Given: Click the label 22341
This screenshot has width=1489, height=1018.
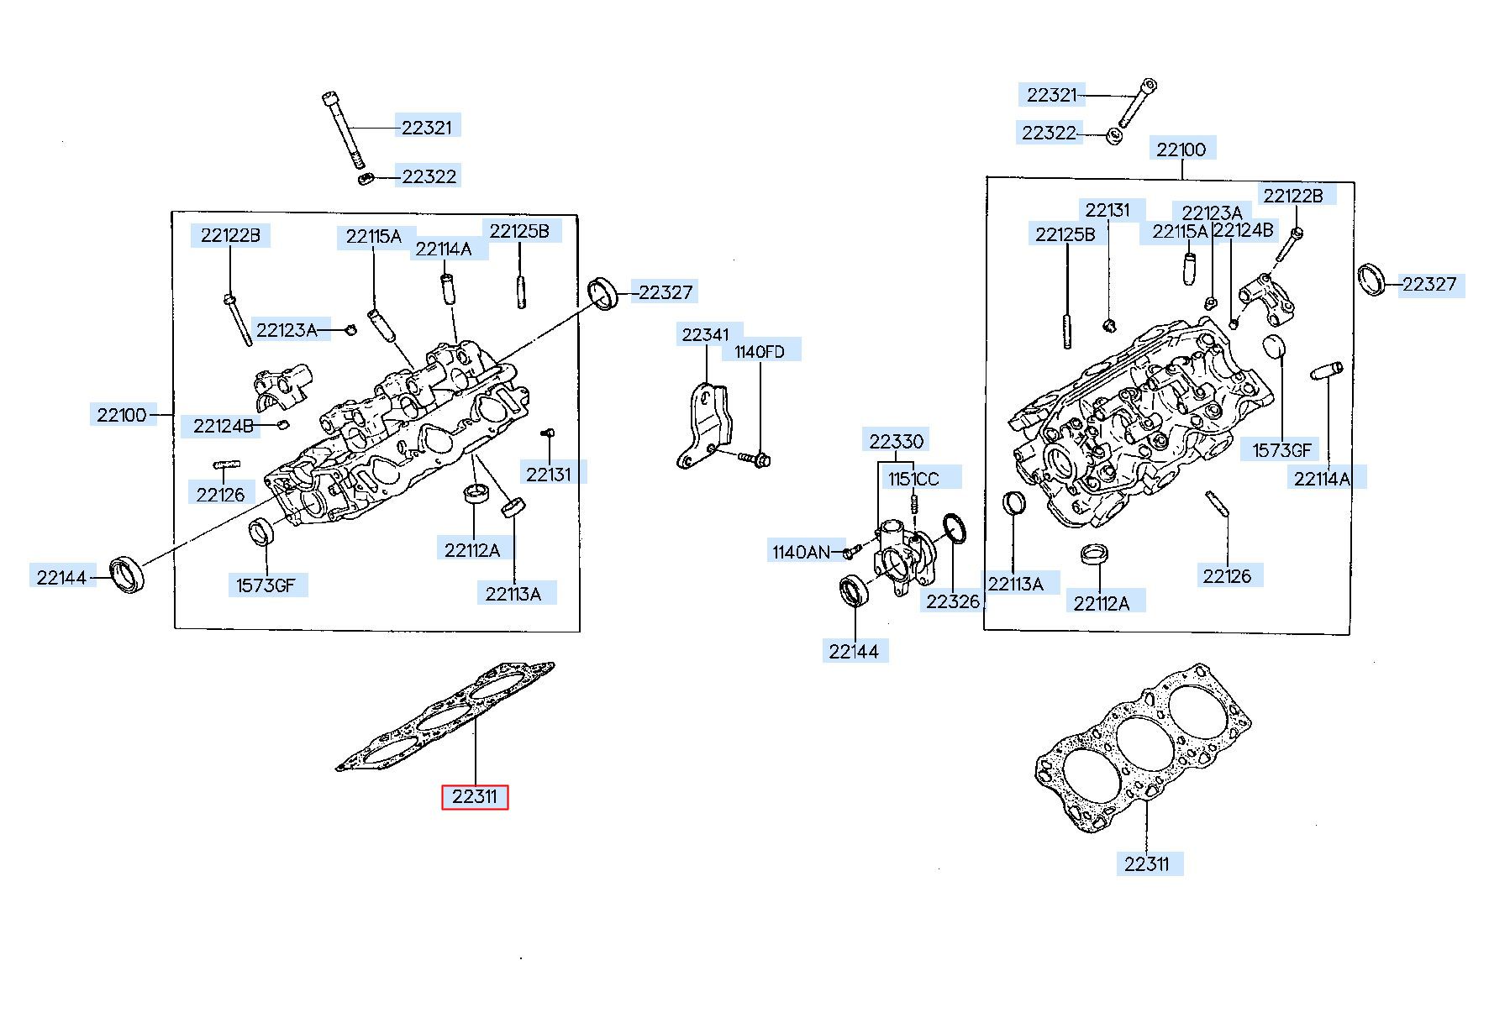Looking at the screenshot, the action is pos(706,334).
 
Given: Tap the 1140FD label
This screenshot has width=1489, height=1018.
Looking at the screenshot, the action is pos(760,351).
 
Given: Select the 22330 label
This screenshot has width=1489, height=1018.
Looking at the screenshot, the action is pos(897,441).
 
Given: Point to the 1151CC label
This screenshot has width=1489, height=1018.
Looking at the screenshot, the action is pos(914,479).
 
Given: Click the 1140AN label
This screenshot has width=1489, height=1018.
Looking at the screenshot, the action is pos(801,552).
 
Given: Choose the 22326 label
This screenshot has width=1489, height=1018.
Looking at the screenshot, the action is pos(953,601).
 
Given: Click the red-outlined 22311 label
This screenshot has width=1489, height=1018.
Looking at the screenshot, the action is pos(475,796).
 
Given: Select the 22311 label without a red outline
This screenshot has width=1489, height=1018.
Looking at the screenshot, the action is pos(1146,863).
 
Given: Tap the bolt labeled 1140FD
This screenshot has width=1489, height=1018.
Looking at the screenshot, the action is pos(755,459).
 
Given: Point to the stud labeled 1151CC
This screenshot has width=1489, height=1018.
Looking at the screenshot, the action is pos(914,506).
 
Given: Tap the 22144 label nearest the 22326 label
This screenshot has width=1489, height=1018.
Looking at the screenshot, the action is pos(854,651).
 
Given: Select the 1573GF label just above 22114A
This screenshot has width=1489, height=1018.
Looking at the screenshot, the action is pos(1281,450).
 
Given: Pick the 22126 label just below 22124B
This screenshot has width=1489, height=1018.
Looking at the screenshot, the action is pos(220,495).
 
